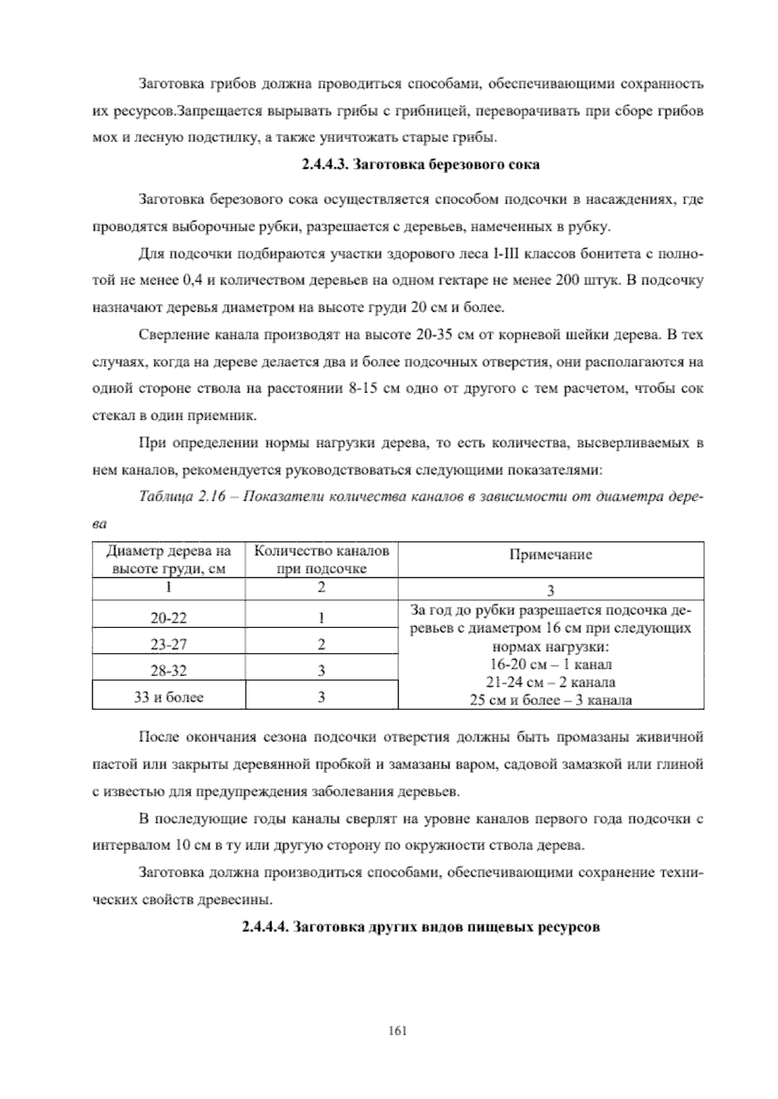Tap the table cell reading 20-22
tap(169, 618)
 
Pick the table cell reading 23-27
tap(169, 645)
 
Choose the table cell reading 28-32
tap(169, 671)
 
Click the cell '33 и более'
tap(169, 697)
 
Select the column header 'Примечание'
tap(550, 555)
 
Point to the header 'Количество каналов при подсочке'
tap(322, 560)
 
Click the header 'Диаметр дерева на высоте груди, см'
tap(169, 560)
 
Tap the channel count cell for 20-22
tap(322, 618)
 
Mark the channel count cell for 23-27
tap(322, 645)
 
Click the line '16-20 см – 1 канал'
tap(550, 664)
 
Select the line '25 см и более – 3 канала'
tap(550, 700)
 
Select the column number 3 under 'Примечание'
tap(550, 590)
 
